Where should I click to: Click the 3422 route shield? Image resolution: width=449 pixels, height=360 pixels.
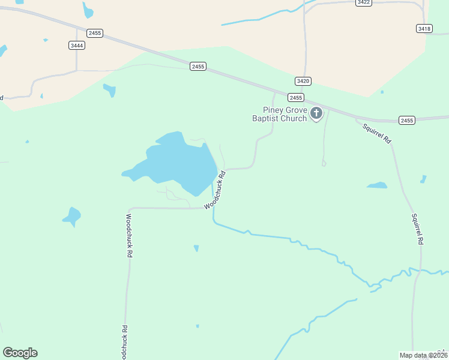pos(363,2)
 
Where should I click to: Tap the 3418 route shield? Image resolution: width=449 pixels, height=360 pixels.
pos(424,29)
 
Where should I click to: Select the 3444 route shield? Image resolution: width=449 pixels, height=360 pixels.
pos(77,46)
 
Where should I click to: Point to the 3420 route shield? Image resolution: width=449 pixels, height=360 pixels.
pos(303,81)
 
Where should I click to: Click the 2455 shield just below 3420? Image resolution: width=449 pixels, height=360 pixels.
pos(295,97)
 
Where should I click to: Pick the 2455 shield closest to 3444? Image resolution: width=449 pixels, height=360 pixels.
pos(94,32)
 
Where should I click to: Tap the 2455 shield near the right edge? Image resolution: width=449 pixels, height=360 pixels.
pos(407,121)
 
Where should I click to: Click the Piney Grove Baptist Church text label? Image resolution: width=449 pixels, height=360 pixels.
pos(285,114)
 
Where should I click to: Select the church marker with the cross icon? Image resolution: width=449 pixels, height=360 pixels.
pos(316,113)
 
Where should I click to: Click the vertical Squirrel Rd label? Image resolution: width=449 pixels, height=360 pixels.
pos(418,229)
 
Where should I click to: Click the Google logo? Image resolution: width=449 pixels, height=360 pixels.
pos(20,353)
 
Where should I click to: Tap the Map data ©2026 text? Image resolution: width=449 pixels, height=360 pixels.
pos(423,355)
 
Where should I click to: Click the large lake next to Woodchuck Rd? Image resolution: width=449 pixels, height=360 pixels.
pos(180,162)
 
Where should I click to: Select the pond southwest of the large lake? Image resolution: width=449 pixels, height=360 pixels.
pos(72,216)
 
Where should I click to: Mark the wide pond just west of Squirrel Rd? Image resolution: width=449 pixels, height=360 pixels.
pos(377,185)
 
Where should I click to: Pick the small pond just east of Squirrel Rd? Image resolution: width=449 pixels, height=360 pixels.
pos(423,179)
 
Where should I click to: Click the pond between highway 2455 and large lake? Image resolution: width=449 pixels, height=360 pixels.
pos(109,90)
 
